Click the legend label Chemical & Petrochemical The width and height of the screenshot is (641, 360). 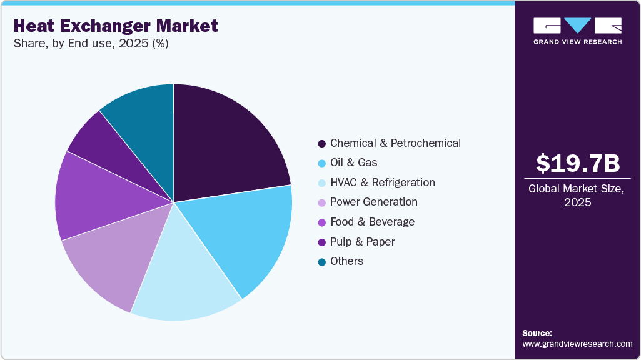(395, 143)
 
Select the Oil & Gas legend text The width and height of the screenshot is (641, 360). (353, 162)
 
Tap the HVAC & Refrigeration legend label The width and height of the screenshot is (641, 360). (382, 182)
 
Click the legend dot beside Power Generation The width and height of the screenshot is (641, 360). (321, 202)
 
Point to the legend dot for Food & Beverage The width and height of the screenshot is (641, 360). (321, 222)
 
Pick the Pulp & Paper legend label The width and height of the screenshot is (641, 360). (362, 242)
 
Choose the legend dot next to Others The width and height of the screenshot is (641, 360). (321, 262)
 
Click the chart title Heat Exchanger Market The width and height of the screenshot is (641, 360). (116, 26)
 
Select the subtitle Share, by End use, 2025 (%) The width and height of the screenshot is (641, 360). (91, 44)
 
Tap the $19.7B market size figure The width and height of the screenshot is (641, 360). (578, 164)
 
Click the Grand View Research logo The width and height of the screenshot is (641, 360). (577, 31)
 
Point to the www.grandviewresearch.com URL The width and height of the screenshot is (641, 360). (577, 344)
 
